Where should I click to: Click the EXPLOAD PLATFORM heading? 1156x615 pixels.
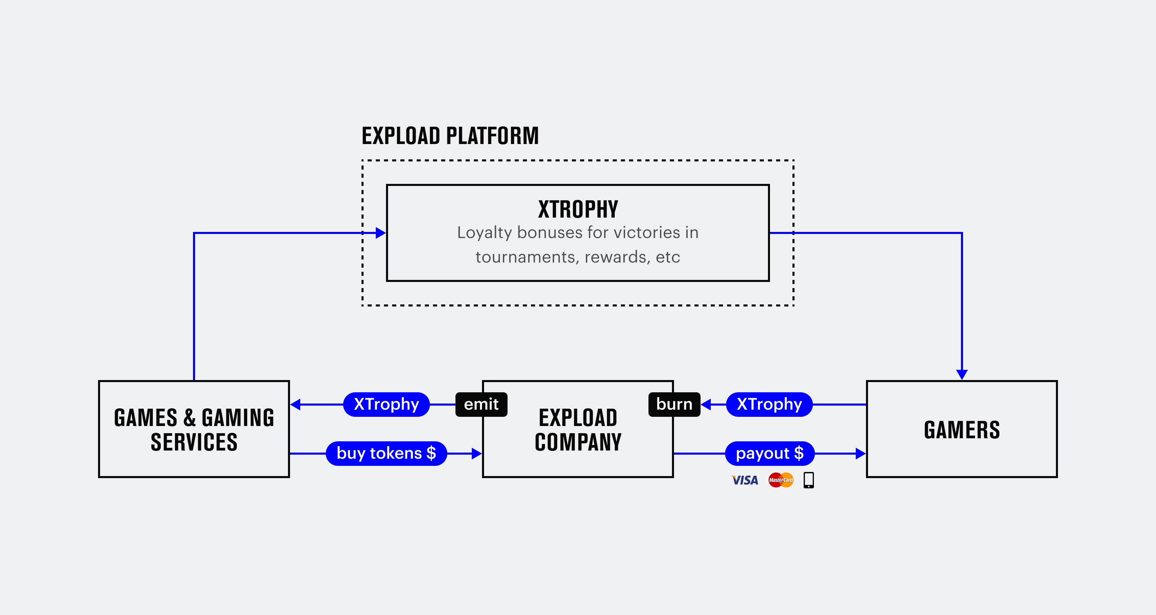(x=450, y=136)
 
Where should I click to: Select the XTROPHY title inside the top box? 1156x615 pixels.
(x=578, y=209)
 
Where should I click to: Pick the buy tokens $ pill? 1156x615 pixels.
(x=386, y=453)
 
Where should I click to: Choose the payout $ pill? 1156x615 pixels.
(x=770, y=453)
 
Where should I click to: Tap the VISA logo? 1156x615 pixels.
(x=744, y=480)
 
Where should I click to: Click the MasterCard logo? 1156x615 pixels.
(x=781, y=480)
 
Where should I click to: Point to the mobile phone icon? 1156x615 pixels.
(x=809, y=480)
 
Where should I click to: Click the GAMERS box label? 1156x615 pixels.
(x=962, y=430)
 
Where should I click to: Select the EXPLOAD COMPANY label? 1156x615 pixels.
(x=578, y=430)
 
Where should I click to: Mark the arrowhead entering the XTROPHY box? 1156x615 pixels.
(x=381, y=233)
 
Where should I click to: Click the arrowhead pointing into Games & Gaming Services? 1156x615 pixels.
(x=295, y=405)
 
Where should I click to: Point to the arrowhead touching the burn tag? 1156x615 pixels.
(x=706, y=405)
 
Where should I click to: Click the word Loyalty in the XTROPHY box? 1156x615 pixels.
(x=485, y=233)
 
